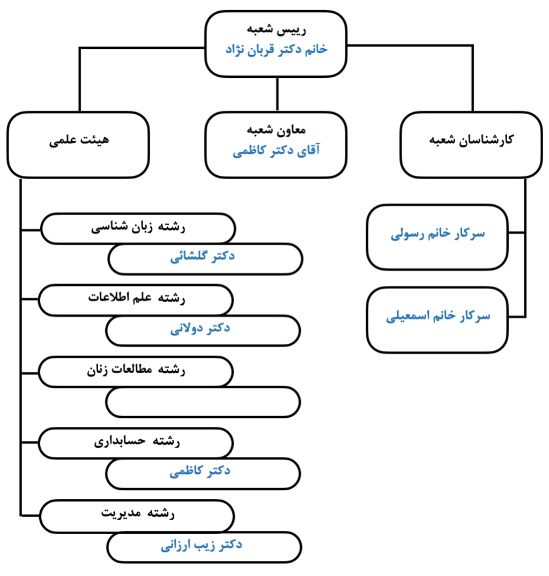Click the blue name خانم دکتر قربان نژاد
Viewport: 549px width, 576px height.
tap(276, 49)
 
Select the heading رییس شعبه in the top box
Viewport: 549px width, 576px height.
tap(276, 29)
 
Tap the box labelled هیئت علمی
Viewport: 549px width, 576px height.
tap(78, 145)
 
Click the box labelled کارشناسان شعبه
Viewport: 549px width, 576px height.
tap(471, 145)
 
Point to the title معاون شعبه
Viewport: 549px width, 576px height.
tap(276, 130)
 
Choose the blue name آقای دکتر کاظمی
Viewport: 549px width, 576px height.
tap(276, 151)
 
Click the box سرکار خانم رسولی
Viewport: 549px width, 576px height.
tap(437, 237)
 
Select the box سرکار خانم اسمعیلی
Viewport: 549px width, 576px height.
tap(437, 320)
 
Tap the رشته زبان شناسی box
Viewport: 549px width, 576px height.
tap(138, 228)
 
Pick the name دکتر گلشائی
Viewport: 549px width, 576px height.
tap(202, 256)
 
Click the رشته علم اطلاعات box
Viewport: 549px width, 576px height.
tap(136, 300)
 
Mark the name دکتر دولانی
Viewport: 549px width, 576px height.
tap(200, 328)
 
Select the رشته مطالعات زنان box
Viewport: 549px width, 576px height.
tap(136, 371)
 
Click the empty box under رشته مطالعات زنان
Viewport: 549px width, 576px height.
tap(203, 402)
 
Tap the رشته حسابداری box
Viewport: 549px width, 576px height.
tap(136, 442)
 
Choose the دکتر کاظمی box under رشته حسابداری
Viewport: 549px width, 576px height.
tap(203, 474)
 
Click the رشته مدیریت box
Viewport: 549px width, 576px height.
tap(137, 516)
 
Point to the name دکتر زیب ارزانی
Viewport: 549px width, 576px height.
tap(202, 545)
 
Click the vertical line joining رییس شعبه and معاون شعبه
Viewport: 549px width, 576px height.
tap(277, 94)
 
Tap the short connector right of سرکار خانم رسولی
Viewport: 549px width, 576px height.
tap(517, 233)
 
